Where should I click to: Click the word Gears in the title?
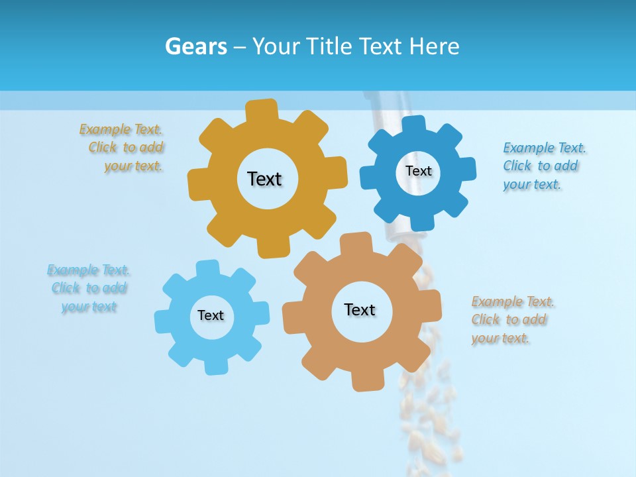click(x=195, y=46)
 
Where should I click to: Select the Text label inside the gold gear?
click(x=264, y=179)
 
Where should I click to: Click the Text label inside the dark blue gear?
click(x=418, y=171)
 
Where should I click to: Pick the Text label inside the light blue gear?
click(x=210, y=315)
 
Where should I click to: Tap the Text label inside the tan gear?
click(x=360, y=309)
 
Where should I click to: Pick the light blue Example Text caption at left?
click(x=89, y=288)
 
